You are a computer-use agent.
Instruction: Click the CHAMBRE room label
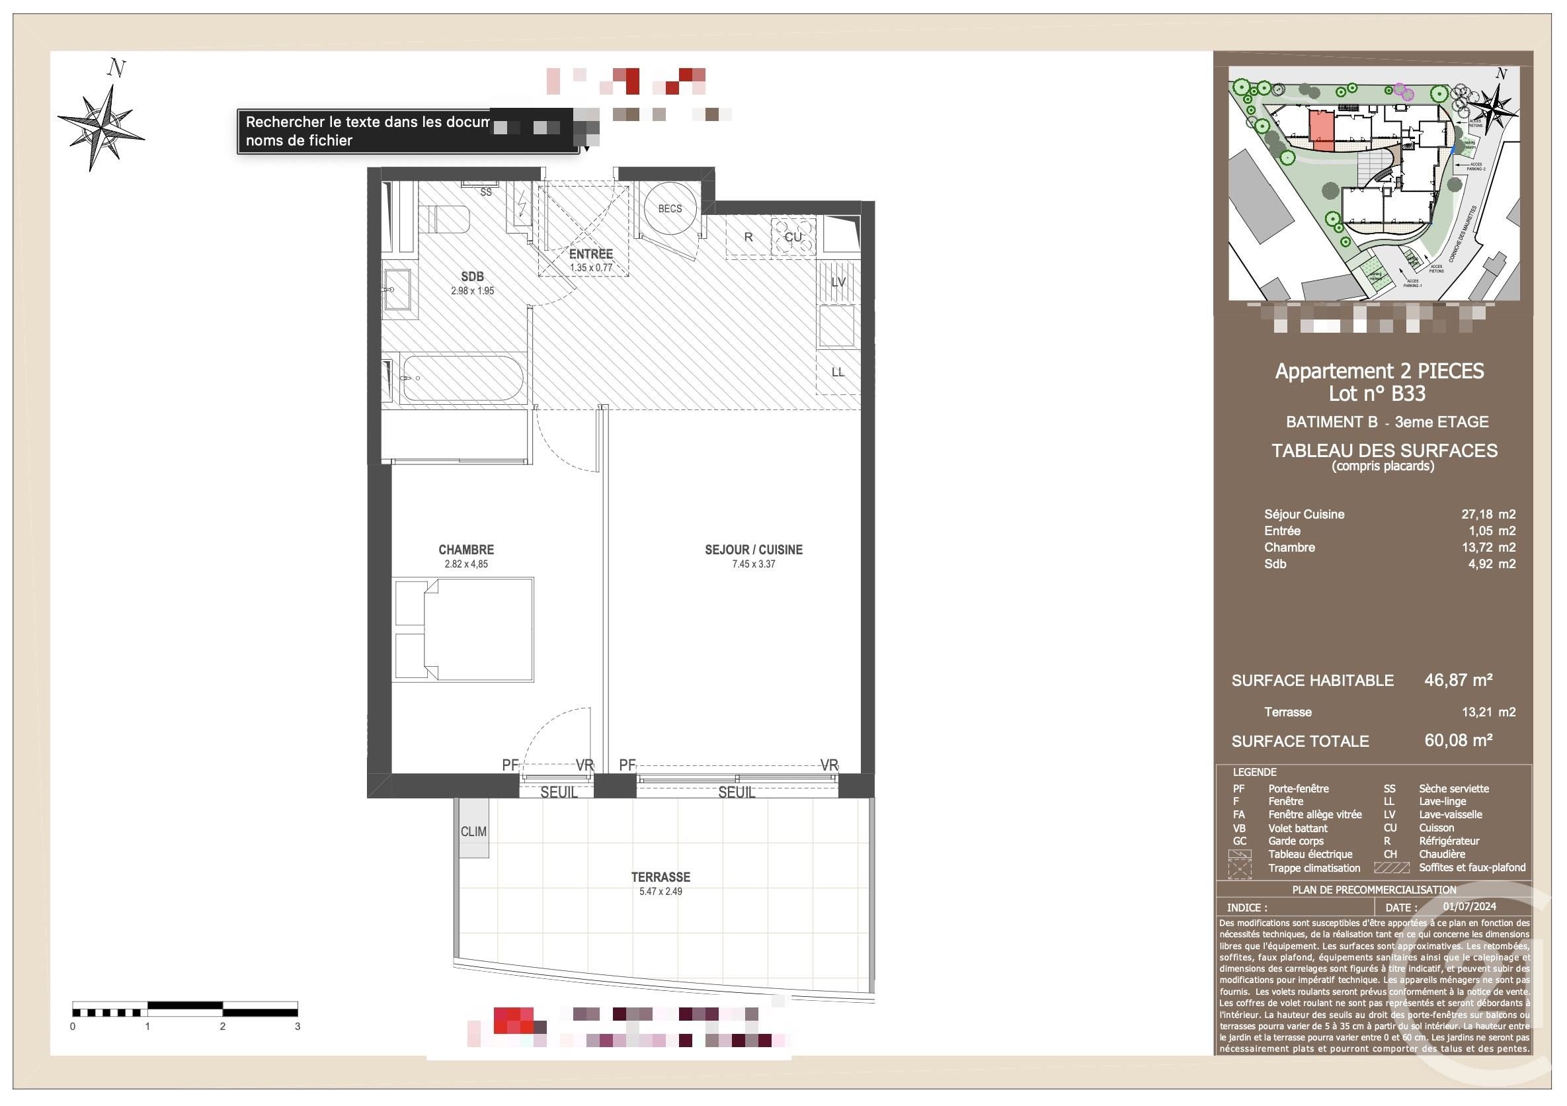(x=465, y=550)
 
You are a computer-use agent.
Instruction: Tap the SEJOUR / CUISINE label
(x=754, y=550)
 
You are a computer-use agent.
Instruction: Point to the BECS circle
(x=670, y=208)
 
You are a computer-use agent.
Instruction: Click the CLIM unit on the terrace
(x=473, y=831)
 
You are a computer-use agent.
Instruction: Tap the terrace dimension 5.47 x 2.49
(x=660, y=891)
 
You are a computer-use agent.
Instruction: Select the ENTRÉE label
(x=590, y=254)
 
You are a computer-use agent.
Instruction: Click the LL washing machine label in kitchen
(x=838, y=372)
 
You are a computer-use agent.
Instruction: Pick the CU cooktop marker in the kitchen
(x=792, y=237)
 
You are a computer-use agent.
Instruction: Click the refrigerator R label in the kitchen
(x=748, y=237)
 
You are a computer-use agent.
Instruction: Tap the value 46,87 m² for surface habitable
(x=1458, y=680)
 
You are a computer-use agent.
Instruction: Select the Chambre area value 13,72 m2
(x=1488, y=547)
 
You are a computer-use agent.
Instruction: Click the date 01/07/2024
(x=1469, y=907)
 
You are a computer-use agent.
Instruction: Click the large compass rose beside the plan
(x=102, y=127)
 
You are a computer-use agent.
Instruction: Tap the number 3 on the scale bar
(x=298, y=1026)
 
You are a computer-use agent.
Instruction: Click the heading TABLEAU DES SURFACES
(x=1384, y=450)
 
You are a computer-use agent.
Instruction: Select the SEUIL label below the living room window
(x=736, y=792)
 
